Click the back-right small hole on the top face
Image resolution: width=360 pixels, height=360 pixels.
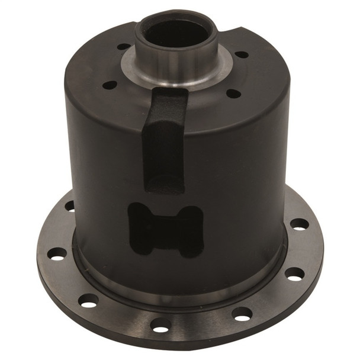[242, 54]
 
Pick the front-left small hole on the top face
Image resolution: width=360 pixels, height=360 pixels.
[110, 85]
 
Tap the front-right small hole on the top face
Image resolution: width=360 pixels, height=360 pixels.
[233, 93]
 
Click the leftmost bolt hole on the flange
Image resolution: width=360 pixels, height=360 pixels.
[57, 254]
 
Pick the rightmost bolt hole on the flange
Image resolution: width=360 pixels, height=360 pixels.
[300, 224]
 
